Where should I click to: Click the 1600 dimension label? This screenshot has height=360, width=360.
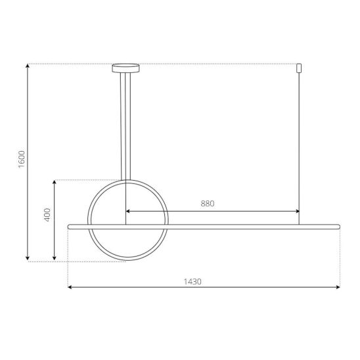click(22, 159)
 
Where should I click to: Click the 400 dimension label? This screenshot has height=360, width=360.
click(47, 215)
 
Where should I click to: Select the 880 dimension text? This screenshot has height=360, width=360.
click(208, 204)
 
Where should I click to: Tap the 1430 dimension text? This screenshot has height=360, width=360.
click(192, 282)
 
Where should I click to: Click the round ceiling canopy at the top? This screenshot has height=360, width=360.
click(125, 68)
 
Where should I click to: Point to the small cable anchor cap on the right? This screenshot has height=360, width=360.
click(299, 68)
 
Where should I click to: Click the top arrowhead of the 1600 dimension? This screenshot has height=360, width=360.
click(28, 66)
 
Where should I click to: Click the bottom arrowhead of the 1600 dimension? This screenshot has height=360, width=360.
click(28, 258)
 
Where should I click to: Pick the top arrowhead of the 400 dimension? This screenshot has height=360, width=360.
click(54, 182)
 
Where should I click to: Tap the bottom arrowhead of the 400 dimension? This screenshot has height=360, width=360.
click(54, 258)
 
